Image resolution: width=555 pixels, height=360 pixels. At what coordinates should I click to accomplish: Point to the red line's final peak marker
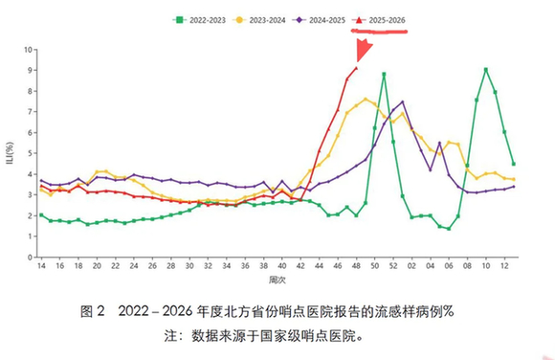point(356,68)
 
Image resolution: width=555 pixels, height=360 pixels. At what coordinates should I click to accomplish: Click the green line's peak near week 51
point(384,74)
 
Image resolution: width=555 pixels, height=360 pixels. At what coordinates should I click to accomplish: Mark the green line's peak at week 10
point(486,69)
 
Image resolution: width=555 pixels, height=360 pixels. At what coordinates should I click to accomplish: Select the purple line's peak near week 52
point(402,101)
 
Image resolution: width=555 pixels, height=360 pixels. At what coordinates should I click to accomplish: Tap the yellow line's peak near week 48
point(366,99)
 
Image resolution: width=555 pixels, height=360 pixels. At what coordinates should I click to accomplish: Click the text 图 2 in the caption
point(92,311)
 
